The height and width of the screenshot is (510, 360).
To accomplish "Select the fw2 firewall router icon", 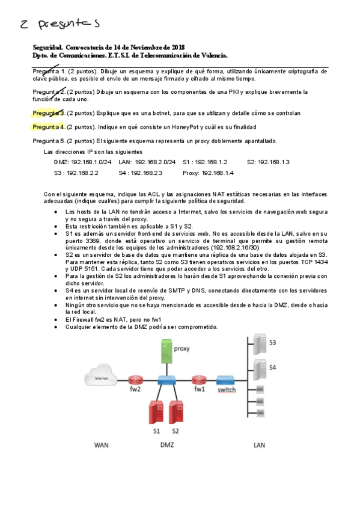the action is click(x=134, y=380).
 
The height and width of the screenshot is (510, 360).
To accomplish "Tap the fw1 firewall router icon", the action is click(x=200, y=380).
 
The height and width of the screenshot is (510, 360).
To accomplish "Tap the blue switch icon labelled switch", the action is click(x=226, y=380).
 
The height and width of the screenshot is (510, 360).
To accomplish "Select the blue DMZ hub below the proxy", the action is click(x=165, y=381).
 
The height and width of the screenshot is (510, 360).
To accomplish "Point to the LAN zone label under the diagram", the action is click(x=260, y=446).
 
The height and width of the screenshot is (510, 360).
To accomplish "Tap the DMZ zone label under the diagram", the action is click(x=167, y=446).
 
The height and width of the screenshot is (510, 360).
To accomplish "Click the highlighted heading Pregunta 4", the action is click(x=49, y=127).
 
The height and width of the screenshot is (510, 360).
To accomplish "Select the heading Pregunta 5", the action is click(x=49, y=141).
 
